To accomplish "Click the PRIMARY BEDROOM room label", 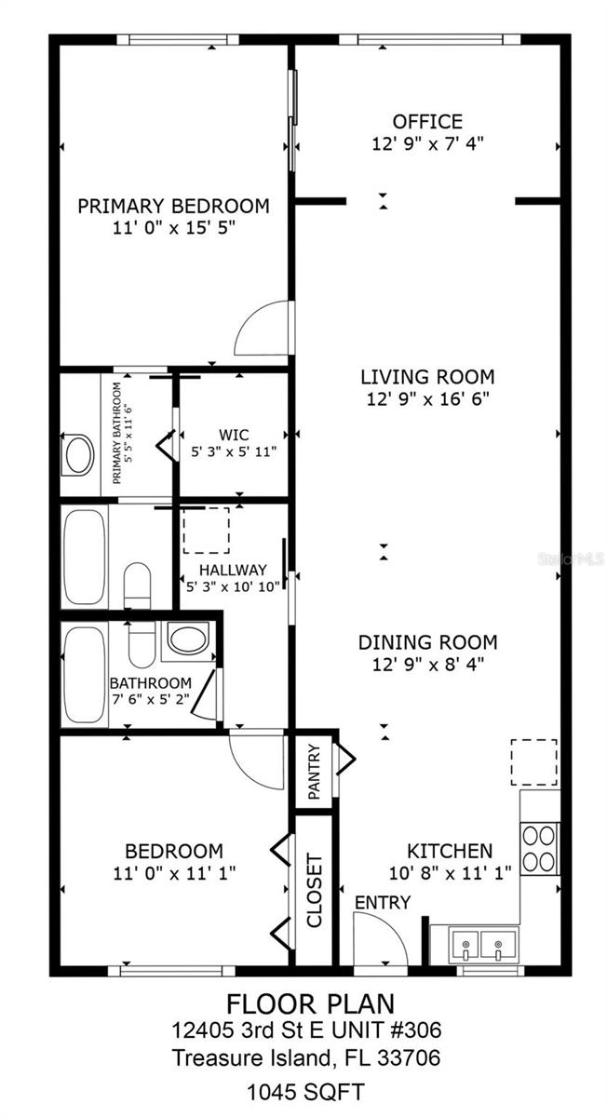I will point(173,206).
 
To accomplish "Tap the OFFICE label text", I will point(427,122).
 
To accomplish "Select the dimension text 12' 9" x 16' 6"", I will point(427,398).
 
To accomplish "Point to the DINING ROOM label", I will point(427,642).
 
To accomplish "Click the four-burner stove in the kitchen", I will point(540,848).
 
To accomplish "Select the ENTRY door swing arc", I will point(380,938).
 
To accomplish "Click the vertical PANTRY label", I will point(315,771).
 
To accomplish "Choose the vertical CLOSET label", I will point(315,891).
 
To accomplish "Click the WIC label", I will point(234,434).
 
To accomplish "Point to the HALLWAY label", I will point(233,570).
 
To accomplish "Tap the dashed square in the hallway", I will point(205,531).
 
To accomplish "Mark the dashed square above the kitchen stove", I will point(533,762).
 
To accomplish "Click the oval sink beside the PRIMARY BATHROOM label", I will point(77,455).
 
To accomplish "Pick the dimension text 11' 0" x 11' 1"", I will point(174,873).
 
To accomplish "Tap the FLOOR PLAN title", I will point(310,1003).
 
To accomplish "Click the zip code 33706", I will point(409,1057).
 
